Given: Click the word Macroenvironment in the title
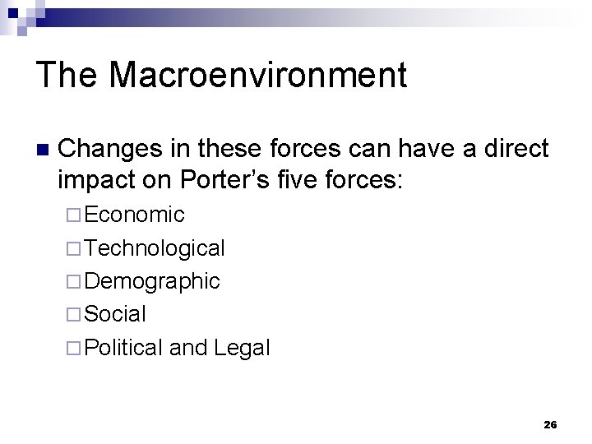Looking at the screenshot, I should pos(257,76).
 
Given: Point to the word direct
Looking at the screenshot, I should pos(515,149).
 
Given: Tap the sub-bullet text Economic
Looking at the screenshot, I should pos(134,215).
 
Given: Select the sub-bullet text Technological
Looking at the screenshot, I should pos(155,247).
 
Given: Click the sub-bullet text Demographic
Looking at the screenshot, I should pos(152,281).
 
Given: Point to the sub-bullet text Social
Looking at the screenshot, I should pos(115,314).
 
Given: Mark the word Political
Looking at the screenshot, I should pos(123,348).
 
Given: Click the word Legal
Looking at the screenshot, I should pos(241,348).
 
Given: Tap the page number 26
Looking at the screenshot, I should pos(550,424).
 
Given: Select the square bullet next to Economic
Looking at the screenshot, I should pos(74,215).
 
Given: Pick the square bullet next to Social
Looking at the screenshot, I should pos(74,315).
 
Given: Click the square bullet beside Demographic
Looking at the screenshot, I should pos(74,282).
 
